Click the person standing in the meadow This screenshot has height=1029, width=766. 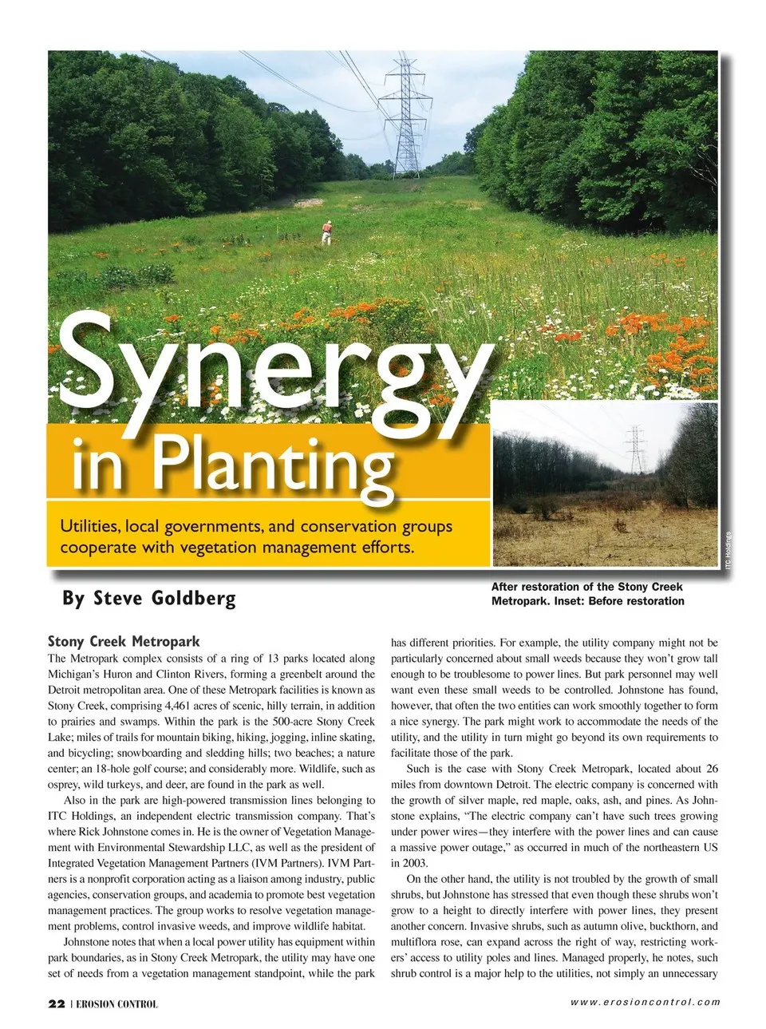pos(326,232)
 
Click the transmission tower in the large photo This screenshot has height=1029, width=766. pos(405,112)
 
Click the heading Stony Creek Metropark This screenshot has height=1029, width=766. pos(124,642)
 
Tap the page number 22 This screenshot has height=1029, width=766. pos(57,1003)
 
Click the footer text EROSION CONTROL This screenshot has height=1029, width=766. pos(117,1004)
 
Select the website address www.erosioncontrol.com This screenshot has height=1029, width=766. pos(646,1003)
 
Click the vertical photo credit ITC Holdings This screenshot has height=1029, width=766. pos(728,550)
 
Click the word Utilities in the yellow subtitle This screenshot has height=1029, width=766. pos(89,527)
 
